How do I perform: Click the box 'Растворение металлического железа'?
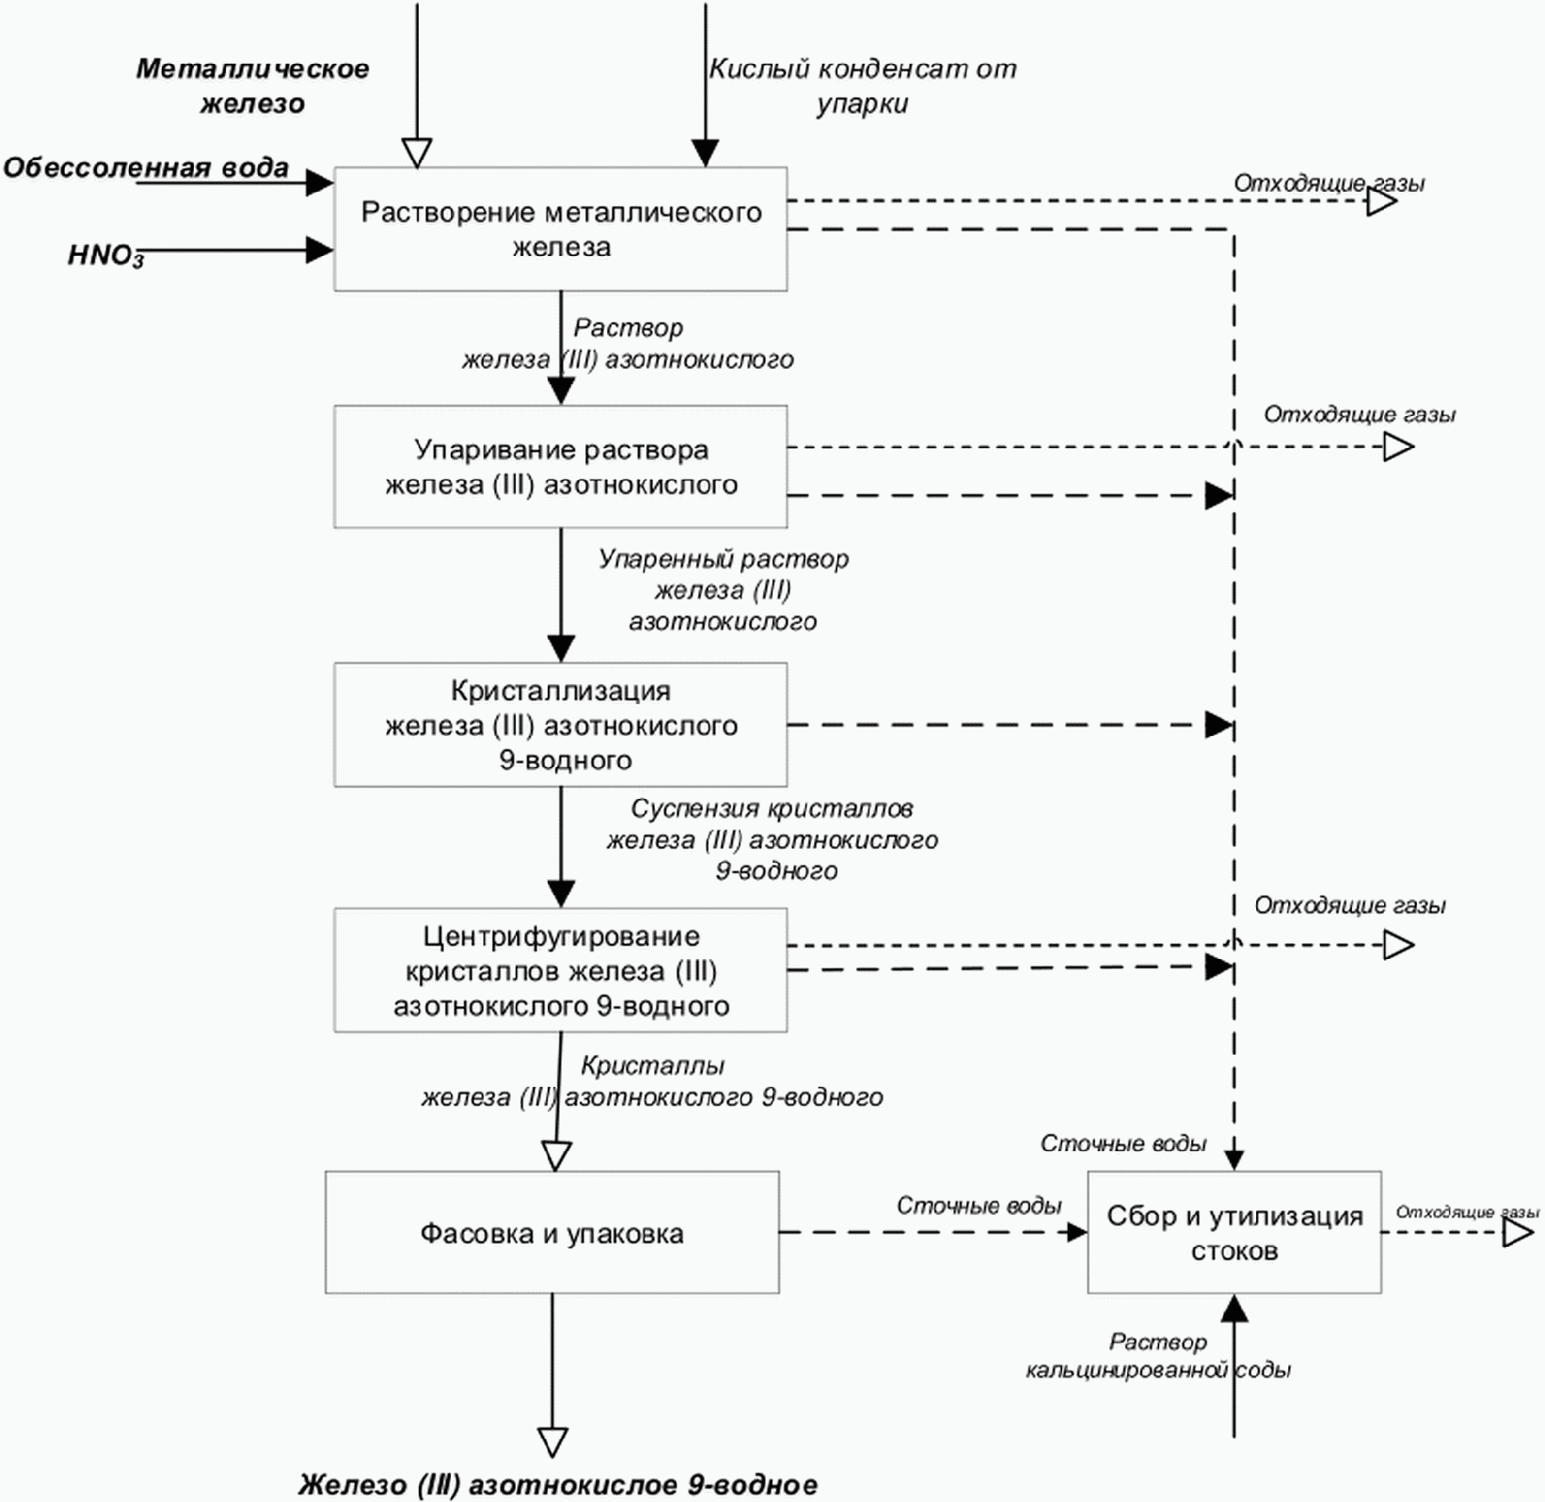(x=561, y=229)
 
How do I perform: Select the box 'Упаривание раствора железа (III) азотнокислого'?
(x=561, y=467)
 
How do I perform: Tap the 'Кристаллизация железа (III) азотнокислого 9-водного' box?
(x=561, y=725)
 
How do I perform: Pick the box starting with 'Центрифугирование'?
(x=561, y=970)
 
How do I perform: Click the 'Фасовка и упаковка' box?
(x=552, y=1233)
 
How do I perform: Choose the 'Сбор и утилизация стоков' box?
(x=1234, y=1233)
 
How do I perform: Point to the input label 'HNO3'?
(x=105, y=256)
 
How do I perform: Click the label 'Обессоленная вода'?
(x=146, y=168)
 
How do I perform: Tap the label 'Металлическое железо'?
(x=252, y=86)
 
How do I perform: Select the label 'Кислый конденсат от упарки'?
(x=863, y=86)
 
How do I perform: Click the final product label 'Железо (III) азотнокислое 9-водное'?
(x=558, y=1485)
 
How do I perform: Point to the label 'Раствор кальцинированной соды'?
(x=1158, y=1355)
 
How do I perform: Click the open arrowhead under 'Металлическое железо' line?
(x=417, y=153)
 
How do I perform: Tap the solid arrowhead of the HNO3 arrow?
(x=320, y=250)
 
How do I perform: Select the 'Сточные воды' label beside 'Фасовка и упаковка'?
(x=980, y=1206)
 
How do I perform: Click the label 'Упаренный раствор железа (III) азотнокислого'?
(x=724, y=590)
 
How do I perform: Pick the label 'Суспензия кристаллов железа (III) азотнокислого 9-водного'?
(x=772, y=839)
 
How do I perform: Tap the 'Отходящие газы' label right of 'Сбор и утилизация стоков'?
(x=1467, y=1212)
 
